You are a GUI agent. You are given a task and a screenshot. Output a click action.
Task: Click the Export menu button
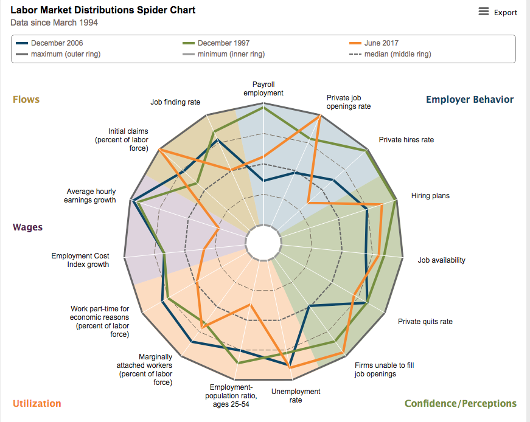[x=498, y=12]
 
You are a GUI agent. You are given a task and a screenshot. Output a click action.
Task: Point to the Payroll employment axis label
[x=263, y=88]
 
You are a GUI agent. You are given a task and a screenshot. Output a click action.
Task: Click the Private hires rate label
[x=406, y=140]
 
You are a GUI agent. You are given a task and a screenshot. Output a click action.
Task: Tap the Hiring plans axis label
[x=430, y=196]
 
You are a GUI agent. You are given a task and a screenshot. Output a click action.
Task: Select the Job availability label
[x=441, y=260]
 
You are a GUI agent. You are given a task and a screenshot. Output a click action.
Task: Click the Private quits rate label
[x=425, y=322]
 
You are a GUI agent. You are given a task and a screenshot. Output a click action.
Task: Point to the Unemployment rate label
[x=296, y=396]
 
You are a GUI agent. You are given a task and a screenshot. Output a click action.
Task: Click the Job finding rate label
[x=175, y=102]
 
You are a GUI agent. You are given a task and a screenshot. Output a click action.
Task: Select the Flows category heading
[x=26, y=99]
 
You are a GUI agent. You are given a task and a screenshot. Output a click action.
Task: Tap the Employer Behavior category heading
[x=470, y=99]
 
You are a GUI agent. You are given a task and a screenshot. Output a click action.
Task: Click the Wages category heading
[x=28, y=227]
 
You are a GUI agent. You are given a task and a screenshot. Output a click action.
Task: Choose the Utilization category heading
[x=37, y=403]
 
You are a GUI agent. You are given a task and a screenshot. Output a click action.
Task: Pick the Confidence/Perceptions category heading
[x=461, y=403]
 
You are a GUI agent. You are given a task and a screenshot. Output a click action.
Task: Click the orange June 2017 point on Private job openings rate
[x=320, y=115]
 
